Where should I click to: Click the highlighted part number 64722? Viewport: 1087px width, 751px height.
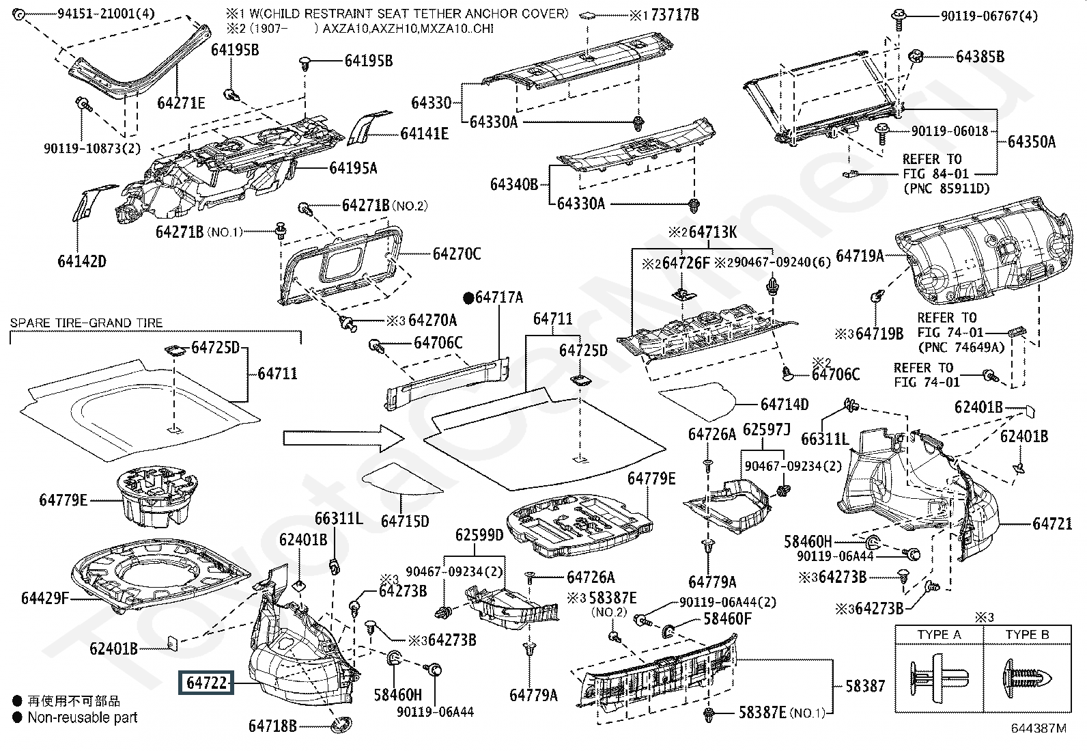[206, 683]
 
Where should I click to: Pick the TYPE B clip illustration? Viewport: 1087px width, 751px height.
[1026, 679]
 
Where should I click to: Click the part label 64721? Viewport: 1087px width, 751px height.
[1052, 524]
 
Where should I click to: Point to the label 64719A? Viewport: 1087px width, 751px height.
[860, 256]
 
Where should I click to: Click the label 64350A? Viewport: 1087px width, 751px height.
[1032, 142]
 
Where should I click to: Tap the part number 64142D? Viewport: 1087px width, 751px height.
[82, 261]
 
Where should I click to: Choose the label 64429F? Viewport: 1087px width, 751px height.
[45, 599]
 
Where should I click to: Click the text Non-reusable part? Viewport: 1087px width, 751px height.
[83, 718]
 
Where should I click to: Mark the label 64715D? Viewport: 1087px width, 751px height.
[405, 521]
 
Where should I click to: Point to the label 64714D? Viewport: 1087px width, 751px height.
[785, 405]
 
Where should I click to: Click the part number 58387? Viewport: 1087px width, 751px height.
[865, 685]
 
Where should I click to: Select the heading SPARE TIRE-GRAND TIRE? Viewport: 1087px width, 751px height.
[87, 323]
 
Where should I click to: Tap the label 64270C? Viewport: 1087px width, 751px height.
[457, 254]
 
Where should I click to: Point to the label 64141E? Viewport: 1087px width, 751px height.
[425, 134]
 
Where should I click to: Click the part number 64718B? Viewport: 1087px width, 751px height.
[272, 726]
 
